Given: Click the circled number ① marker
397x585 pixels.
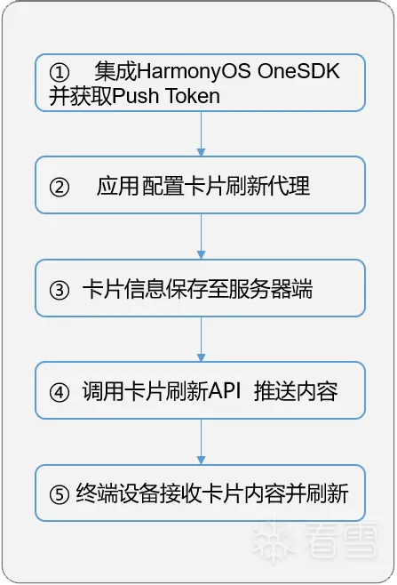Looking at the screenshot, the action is [60, 72].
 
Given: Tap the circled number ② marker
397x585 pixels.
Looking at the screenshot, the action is [60, 187].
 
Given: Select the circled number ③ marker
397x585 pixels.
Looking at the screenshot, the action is [60, 290].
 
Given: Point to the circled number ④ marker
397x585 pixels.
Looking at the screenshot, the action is [60, 392].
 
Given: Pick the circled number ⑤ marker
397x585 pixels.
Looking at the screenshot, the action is [60, 494].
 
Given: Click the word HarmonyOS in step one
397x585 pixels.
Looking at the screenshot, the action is [194, 72].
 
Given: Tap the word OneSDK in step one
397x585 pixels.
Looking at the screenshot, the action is [298, 71].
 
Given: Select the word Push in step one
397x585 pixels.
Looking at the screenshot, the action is [136, 96].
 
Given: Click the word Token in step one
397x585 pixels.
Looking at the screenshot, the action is [193, 96].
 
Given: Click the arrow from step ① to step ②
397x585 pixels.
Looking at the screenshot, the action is [201, 134].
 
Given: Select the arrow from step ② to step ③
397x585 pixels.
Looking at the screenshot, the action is [201, 236].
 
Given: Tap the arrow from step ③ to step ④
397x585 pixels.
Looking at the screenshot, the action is [201, 339].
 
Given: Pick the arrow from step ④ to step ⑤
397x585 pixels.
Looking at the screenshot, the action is [201, 442].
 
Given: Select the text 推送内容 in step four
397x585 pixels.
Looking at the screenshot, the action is [296, 392].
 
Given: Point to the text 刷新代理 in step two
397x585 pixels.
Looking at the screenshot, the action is [267, 186].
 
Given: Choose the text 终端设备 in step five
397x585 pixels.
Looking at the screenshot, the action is [118, 494].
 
